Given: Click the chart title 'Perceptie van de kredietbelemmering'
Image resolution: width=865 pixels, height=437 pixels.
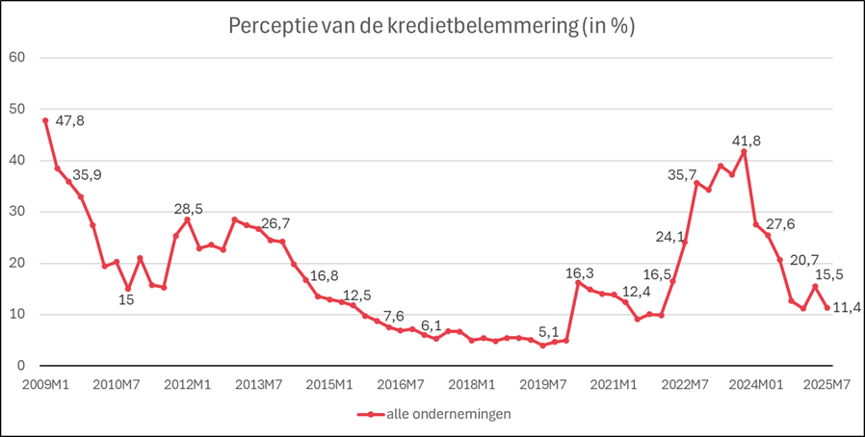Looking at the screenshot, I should [432, 26].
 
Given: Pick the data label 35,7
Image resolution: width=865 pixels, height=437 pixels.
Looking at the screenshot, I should [682, 174].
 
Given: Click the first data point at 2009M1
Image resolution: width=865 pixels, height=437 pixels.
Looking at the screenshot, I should [45, 120].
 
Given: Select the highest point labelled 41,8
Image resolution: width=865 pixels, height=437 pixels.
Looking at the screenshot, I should [744, 151].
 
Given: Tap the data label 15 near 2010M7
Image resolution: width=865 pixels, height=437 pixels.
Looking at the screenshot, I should [126, 299].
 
